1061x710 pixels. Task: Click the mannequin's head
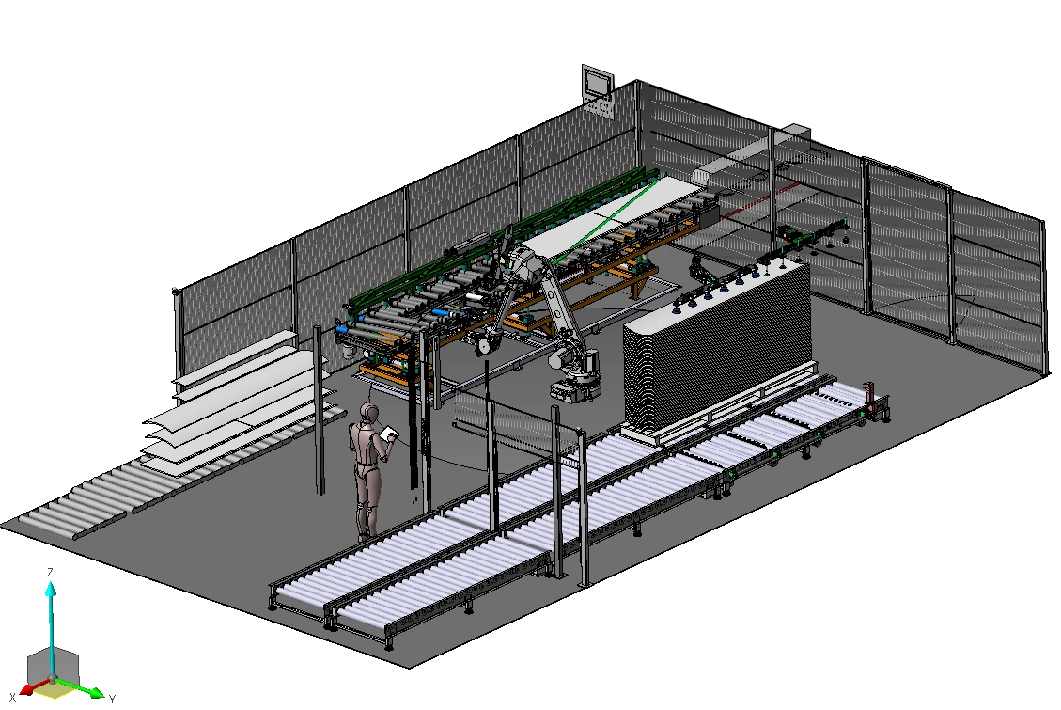coord(368,412)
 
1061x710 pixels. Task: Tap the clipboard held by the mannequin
coord(388,434)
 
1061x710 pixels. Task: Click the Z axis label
coord(50,573)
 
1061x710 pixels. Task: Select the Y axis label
coord(113,699)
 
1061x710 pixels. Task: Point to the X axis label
coord(12,698)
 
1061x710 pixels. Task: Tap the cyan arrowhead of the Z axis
coord(50,588)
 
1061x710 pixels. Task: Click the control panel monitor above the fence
coord(598,82)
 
